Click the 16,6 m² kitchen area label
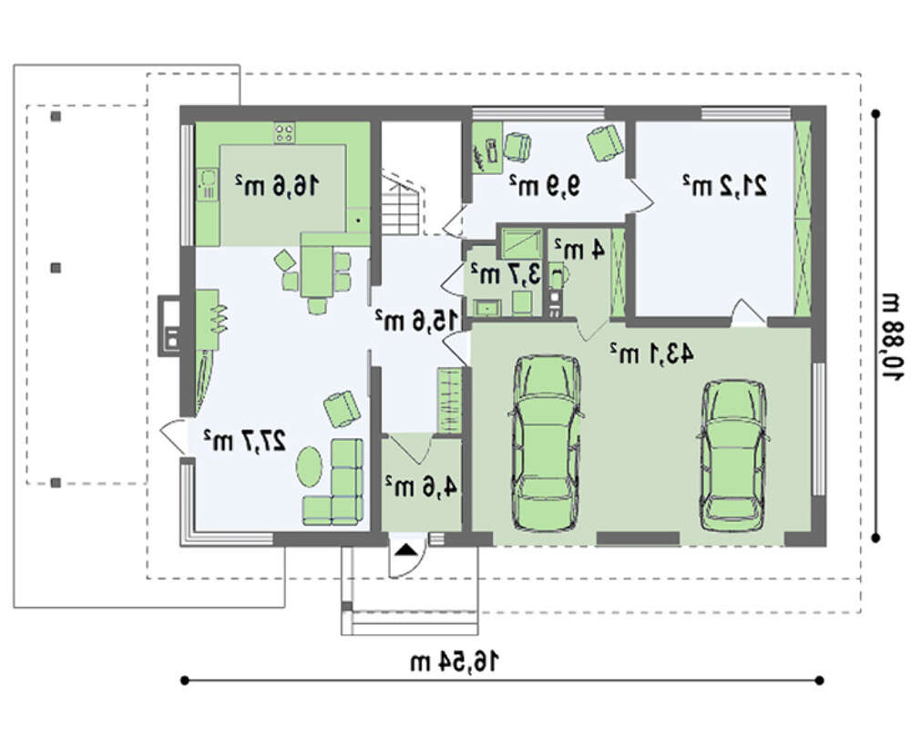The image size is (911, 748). [x=277, y=185]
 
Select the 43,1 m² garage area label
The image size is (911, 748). [x=651, y=353]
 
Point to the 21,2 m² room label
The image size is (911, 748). [x=724, y=185]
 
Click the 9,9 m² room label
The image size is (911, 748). [x=545, y=186]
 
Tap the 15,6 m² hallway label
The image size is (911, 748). [x=416, y=320]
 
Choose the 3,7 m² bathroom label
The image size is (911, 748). [x=505, y=273]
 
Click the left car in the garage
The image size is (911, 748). [x=545, y=444]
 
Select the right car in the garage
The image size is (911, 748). [x=733, y=455]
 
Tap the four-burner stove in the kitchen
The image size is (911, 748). [x=284, y=132]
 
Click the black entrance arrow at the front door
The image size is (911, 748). [x=404, y=549]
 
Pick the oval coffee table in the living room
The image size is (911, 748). [x=309, y=465]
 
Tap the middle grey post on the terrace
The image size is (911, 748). [x=56, y=268]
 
